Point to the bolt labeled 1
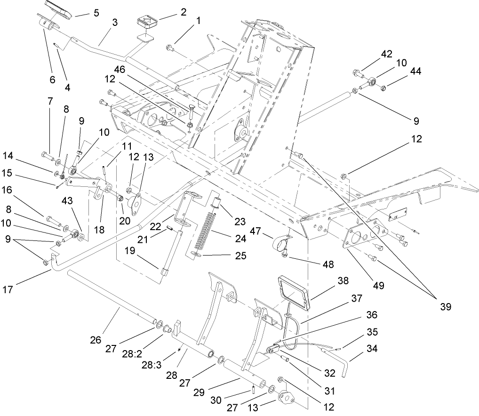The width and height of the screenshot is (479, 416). coord(171,48)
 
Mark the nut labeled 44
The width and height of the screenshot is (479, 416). coord(383,87)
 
